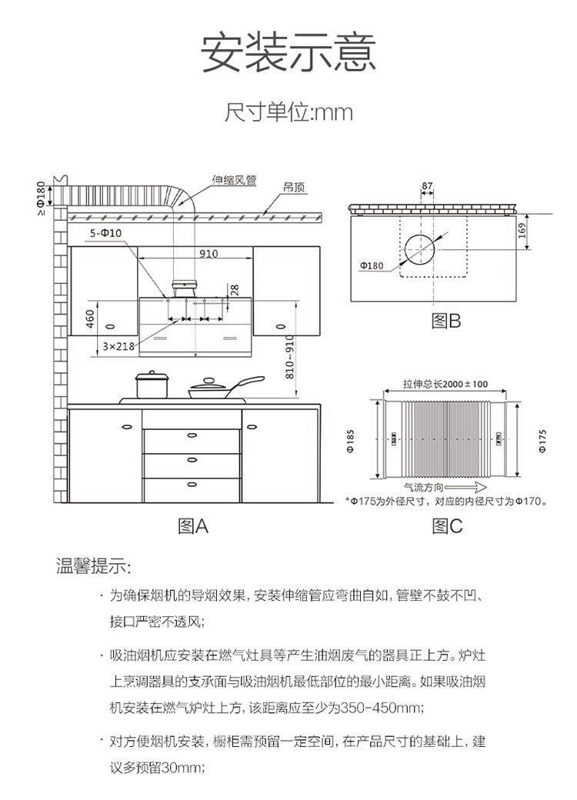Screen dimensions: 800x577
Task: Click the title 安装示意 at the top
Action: tap(288, 53)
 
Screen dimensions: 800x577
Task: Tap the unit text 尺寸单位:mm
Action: tap(288, 113)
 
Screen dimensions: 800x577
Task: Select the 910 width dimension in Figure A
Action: tap(208, 254)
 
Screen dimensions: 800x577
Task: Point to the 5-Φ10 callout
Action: tap(105, 233)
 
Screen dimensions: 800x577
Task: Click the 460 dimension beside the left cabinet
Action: tap(89, 316)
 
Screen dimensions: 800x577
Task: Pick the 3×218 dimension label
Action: tap(118, 347)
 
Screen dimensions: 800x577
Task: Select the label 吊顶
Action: tap(293, 187)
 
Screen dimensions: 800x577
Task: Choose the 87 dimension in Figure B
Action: tap(427, 185)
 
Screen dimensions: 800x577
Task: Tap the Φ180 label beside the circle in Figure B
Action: tap(371, 265)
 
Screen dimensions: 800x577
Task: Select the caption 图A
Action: tap(193, 526)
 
